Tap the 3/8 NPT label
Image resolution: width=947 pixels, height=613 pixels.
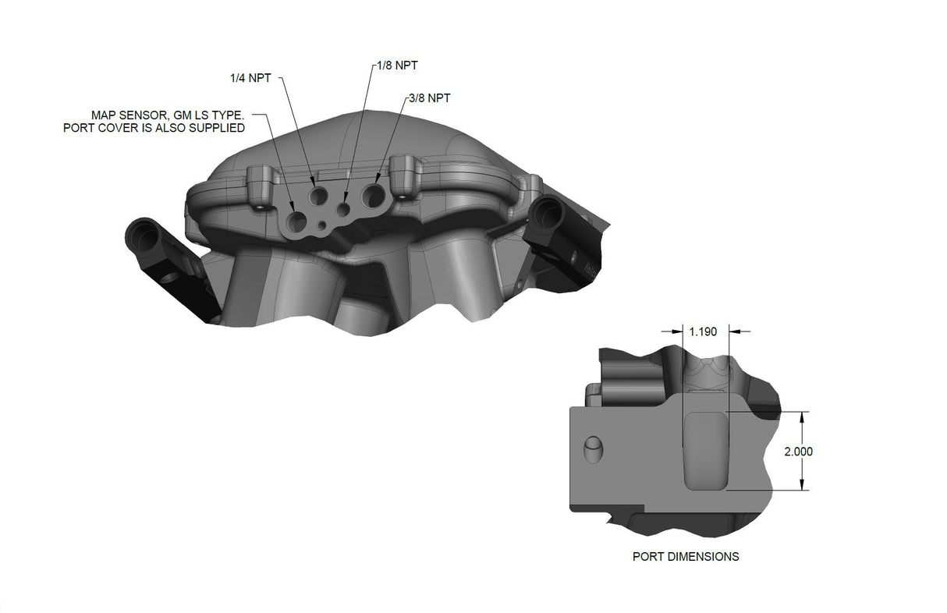click(429, 98)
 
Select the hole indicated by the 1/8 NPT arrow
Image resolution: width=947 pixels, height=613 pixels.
click(342, 208)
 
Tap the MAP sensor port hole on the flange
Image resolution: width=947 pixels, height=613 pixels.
click(296, 221)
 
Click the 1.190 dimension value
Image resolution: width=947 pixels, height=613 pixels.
click(704, 331)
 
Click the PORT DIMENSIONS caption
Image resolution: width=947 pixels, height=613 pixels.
click(686, 557)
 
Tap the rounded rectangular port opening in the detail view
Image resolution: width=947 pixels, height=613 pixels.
click(706, 452)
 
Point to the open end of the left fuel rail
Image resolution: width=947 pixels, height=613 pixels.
click(142, 232)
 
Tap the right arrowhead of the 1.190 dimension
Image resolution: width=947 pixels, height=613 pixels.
click(733, 331)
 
